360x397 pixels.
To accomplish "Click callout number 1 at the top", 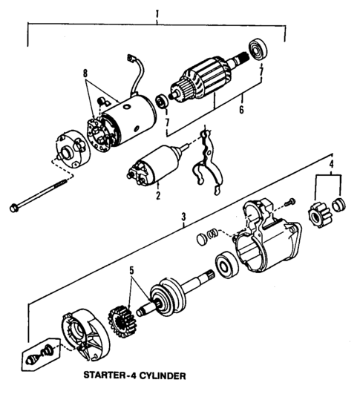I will (157, 13).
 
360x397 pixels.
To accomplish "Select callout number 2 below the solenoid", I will (157, 197).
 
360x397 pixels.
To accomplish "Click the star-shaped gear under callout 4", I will (317, 214).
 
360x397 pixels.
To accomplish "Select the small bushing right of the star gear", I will (339, 206).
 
